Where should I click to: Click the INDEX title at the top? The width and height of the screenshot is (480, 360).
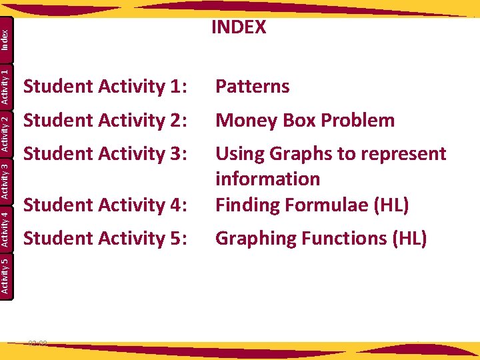(x=239, y=27)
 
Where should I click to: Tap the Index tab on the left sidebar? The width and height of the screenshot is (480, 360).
(x=5, y=37)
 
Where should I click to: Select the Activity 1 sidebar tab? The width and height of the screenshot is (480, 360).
(x=5, y=85)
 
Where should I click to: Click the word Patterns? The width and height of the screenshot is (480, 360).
(x=252, y=87)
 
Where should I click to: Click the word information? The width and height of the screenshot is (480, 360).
(x=267, y=179)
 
